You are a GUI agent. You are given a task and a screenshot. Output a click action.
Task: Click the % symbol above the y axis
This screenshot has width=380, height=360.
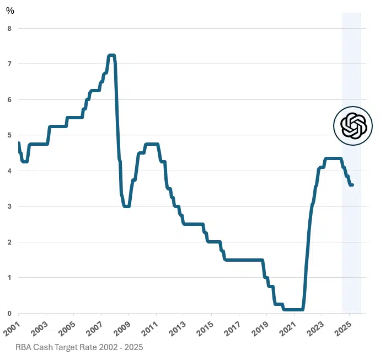coord(10,10)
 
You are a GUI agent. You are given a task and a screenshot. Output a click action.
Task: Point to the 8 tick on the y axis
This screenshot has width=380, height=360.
coord(9,28)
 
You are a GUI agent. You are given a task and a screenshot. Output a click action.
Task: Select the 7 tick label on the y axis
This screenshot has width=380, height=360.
coord(9,64)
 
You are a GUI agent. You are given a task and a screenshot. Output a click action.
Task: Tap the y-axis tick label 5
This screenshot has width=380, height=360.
coord(9,135)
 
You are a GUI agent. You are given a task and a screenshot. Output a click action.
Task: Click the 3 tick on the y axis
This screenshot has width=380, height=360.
coord(9,207)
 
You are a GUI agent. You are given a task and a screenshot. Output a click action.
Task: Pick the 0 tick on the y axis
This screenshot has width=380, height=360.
coord(9,313)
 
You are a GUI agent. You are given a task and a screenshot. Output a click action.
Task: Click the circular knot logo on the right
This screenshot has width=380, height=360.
coord(353,126)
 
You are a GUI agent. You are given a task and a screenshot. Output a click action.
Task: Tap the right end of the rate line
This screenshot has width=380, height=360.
coord(352,185)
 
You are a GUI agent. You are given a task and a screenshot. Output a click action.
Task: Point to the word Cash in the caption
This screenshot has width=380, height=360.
coord(46,348)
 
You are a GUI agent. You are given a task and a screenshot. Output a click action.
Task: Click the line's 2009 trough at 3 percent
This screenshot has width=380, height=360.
coord(127,206)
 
